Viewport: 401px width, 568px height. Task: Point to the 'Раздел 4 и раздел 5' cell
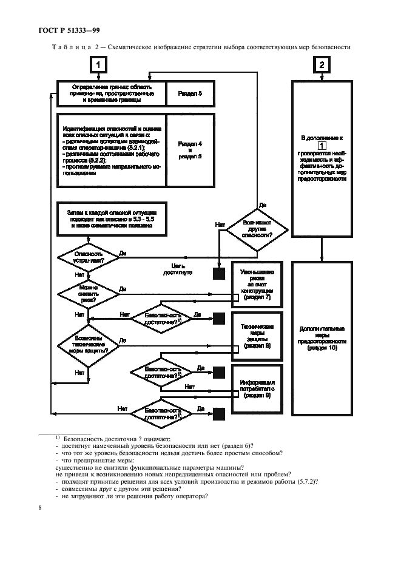[190, 149]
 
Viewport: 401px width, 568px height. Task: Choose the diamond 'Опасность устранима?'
[88, 257]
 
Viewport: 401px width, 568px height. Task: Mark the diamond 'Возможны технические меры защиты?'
[88, 347]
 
